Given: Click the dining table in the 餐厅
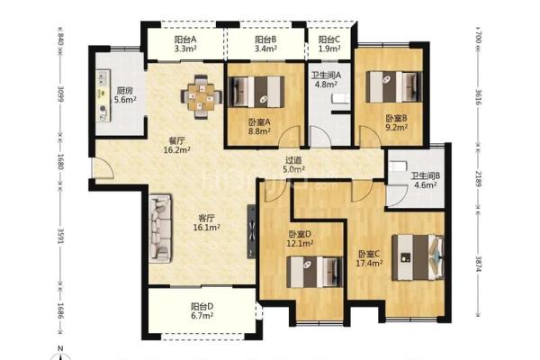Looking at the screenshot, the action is pyautogui.click(x=201, y=97).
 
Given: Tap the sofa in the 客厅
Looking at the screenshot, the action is pyautogui.click(x=160, y=229).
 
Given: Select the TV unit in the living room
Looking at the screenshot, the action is pyautogui.click(x=251, y=231).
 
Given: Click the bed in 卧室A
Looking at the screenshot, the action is pyautogui.click(x=256, y=92).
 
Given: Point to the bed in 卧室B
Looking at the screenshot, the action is pyautogui.click(x=393, y=86).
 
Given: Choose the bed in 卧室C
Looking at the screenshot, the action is pyautogui.click(x=418, y=257).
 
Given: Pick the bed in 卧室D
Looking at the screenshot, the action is pyautogui.click(x=315, y=272).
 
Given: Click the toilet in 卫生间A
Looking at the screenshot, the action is pyautogui.click(x=341, y=98).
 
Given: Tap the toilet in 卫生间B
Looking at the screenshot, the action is pyautogui.click(x=398, y=166).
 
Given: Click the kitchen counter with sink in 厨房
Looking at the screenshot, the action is pyautogui.click(x=103, y=95).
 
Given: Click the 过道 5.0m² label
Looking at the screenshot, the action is pyautogui.click(x=293, y=165).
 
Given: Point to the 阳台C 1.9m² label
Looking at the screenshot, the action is pyautogui.click(x=329, y=44).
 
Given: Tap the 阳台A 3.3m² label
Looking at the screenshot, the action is pyautogui.click(x=184, y=44).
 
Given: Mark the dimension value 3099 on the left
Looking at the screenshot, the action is pyautogui.click(x=60, y=94).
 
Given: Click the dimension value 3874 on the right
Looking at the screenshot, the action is pyautogui.click(x=479, y=264).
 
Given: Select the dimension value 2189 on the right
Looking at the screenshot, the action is pyautogui.click(x=479, y=178).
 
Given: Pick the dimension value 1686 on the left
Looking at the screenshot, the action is pyautogui.click(x=60, y=311).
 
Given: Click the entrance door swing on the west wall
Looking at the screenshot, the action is pyautogui.click(x=104, y=168).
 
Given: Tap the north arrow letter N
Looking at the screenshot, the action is pyautogui.click(x=60, y=348).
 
